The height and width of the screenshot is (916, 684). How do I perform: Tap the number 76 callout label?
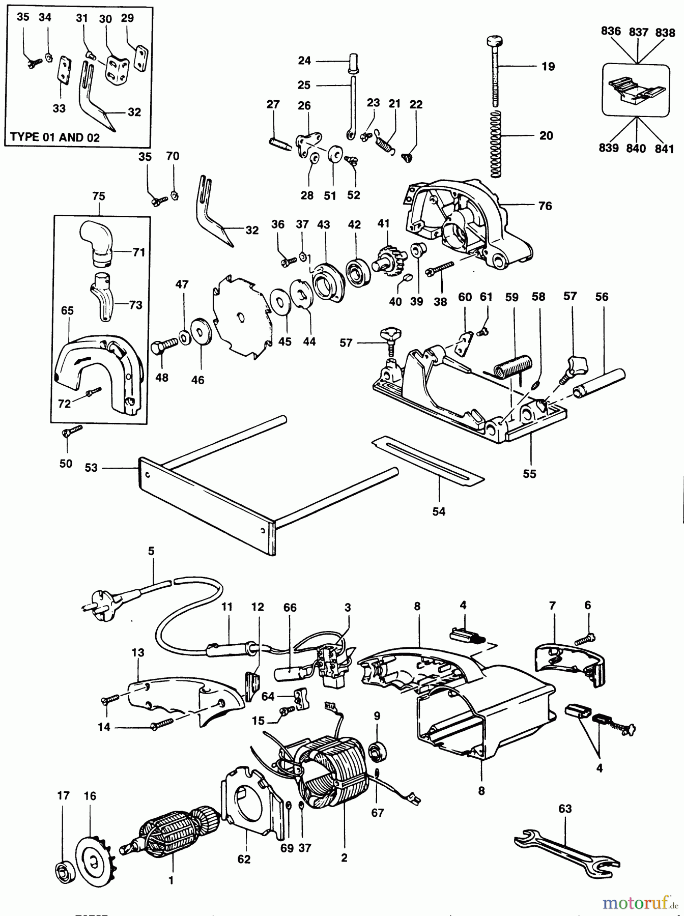(x=545, y=206)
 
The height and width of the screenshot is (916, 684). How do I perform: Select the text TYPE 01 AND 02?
(x=55, y=137)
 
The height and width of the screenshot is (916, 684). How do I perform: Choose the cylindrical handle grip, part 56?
(x=600, y=383)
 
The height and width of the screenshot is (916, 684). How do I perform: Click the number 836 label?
(x=611, y=31)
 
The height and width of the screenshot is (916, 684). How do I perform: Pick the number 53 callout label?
(x=91, y=467)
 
